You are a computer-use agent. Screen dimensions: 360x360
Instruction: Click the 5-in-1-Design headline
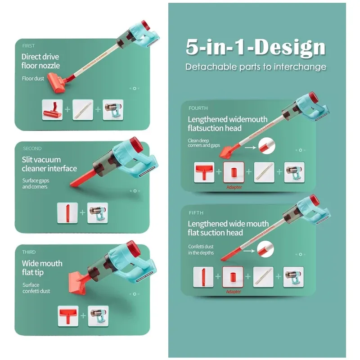click(x=256, y=47)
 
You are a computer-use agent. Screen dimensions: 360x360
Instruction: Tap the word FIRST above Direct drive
click(x=28, y=46)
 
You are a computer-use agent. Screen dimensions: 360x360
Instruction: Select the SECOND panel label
click(x=32, y=148)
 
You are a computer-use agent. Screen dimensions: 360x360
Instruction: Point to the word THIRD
click(x=29, y=252)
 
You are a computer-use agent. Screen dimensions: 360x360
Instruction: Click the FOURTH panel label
click(x=198, y=108)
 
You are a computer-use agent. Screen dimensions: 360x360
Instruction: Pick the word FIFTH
click(x=196, y=213)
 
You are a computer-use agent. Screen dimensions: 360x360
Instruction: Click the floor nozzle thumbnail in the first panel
click(x=52, y=110)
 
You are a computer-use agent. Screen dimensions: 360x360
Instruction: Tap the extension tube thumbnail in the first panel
click(x=83, y=110)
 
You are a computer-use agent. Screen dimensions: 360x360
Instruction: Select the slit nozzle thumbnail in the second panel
click(x=67, y=213)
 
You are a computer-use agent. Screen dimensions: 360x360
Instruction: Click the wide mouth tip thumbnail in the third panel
click(x=68, y=316)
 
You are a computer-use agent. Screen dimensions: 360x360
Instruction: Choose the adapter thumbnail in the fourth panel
click(x=234, y=172)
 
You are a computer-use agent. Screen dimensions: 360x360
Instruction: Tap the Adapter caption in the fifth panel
click(x=234, y=292)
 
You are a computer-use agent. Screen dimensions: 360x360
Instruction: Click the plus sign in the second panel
click(x=82, y=212)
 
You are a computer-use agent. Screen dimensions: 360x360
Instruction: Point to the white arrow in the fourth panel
click(x=250, y=148)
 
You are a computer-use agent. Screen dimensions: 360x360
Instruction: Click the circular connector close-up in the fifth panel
click(x=265, y=249)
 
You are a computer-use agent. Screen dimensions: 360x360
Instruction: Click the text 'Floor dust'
click(x=33, y=78)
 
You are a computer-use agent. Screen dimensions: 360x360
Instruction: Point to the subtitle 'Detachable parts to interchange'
click(x=256, y=67)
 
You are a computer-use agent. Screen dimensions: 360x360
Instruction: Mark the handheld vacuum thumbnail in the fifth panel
click(x=293, y=277)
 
